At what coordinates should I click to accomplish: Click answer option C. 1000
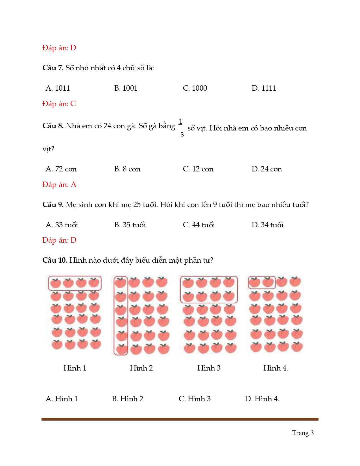coord(195,88)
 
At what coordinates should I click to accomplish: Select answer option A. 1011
coord(58,88)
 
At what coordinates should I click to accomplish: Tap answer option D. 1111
coord(264,88)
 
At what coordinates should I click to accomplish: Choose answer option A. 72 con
coord(61,169)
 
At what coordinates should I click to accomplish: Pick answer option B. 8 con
coord(127,169)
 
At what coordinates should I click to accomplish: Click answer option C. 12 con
coord(198,169)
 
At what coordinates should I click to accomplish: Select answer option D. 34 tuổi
coord(267,225)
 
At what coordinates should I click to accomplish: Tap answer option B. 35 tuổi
coord(130,225)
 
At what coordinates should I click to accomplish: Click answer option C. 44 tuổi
coord(199,225)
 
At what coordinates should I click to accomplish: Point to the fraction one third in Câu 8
coord(181,128)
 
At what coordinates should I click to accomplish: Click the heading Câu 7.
coord(53,68)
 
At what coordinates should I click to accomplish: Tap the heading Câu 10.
coord(55,260)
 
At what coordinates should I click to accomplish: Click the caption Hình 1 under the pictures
coord(75,368)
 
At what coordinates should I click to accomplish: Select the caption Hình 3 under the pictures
coord(209,368)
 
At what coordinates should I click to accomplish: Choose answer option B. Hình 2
coord(127,399)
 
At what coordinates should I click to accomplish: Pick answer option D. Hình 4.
coord(262,399)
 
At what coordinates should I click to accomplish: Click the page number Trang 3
coord(303,433)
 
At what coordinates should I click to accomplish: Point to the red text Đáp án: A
coord(59,185)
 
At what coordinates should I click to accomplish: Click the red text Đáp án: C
coord(59,104)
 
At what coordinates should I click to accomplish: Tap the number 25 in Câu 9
coord(137,204)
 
